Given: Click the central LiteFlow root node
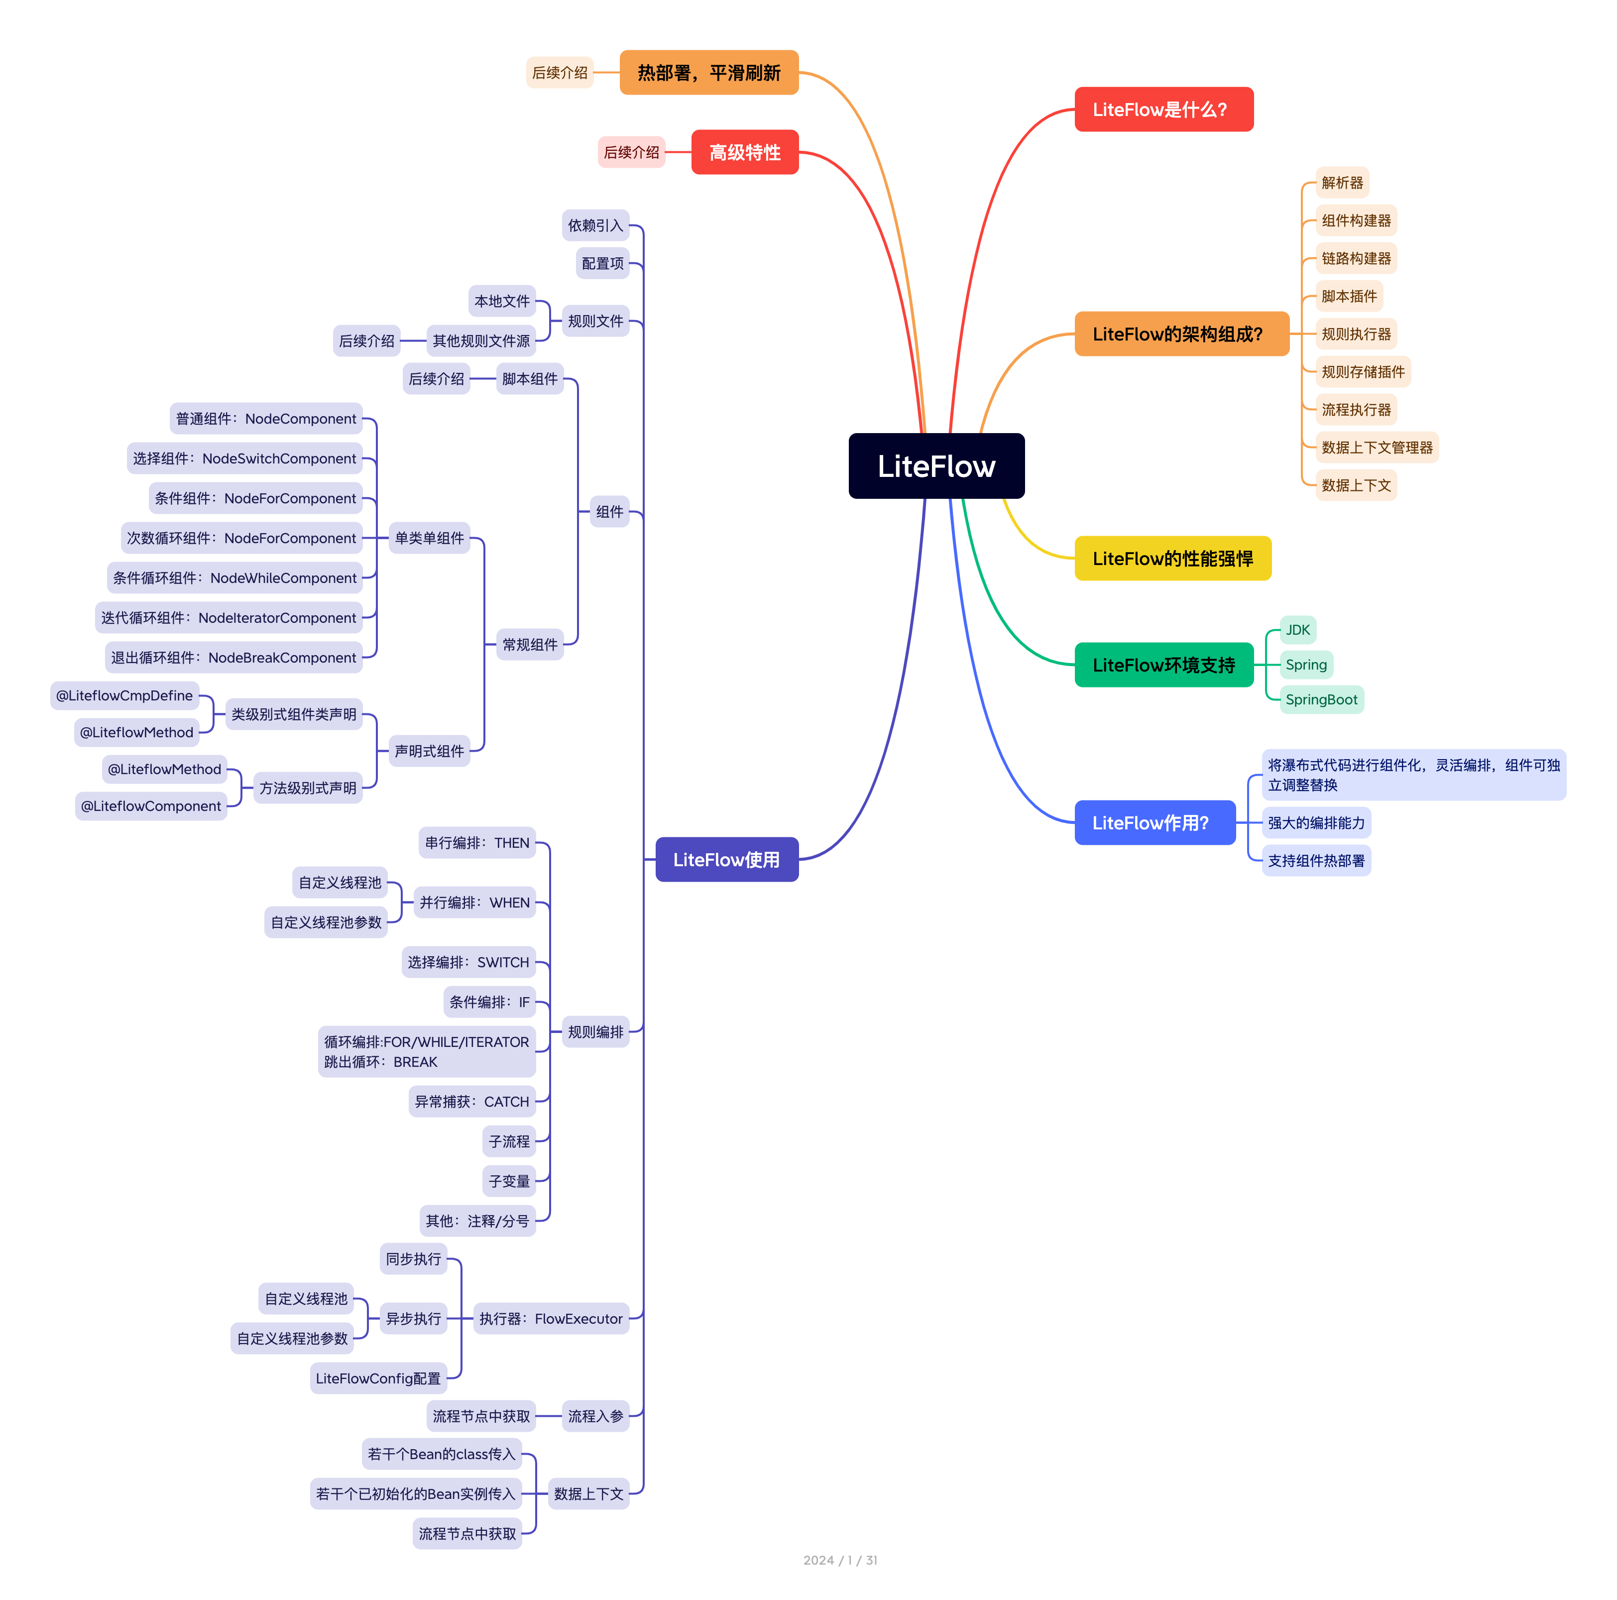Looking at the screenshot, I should click(936, 466).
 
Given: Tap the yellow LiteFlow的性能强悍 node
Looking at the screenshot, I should click(1172, 558).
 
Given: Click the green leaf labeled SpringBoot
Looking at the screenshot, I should click(1321, 699).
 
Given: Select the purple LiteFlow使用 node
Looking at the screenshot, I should click(726, 859).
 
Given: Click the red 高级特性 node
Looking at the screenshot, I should click(744, 152).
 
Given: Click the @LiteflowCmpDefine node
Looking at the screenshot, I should click(124, 695).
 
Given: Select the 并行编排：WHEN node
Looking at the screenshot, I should click(474, 902).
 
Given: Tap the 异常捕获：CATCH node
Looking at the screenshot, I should click(471, 1101).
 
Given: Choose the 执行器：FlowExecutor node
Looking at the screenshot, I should click(550, 1318).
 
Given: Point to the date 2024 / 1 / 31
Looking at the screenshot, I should click(839, 1560).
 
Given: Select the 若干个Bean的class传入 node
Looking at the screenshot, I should click(441, 1454).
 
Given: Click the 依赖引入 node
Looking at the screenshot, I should click(595, 225).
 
